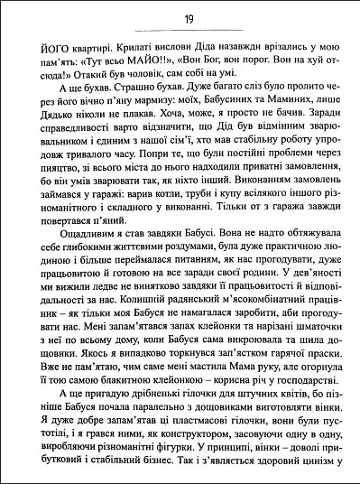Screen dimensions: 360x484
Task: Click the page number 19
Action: pos(180,17)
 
